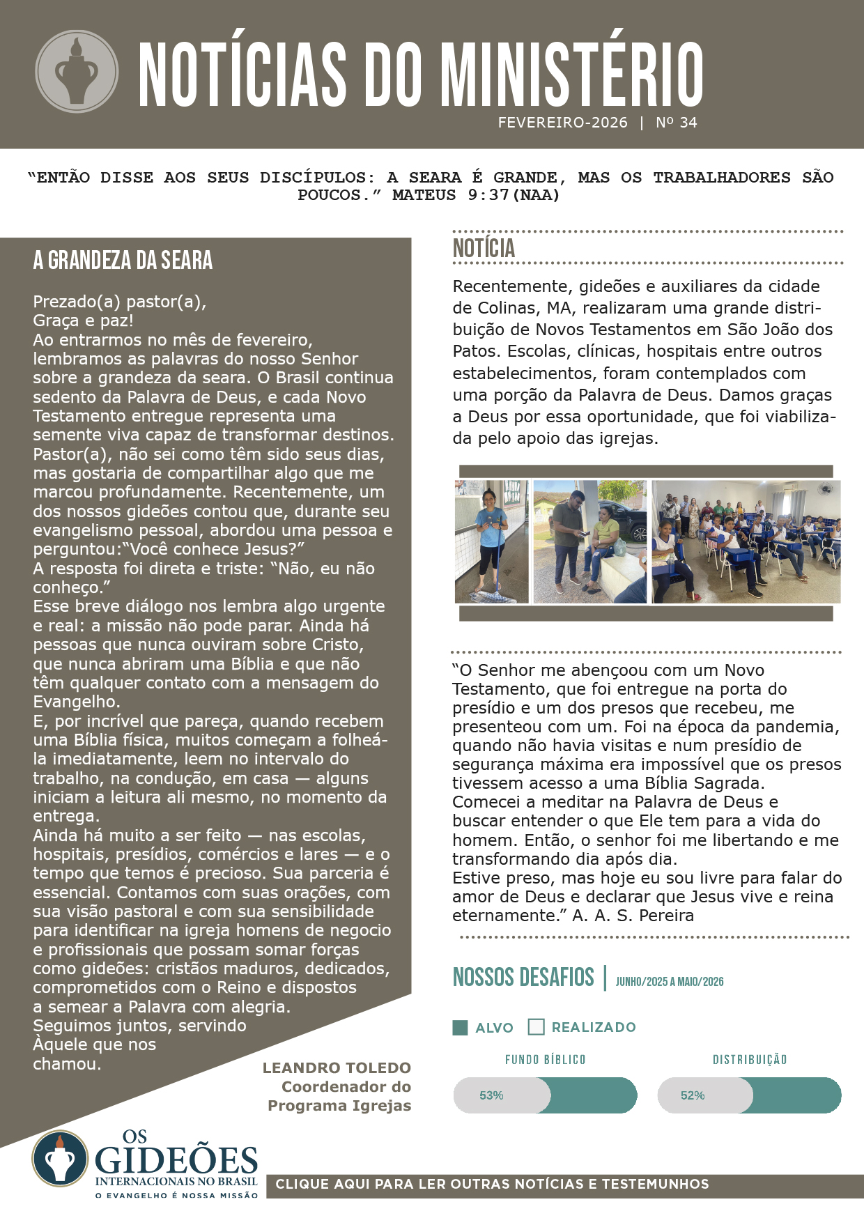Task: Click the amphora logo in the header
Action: click(x=77, y=71)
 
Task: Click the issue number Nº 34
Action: click(x=676, y=123)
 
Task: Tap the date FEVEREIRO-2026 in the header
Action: click(x=562, y=123)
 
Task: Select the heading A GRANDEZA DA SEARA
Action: click(x=123, y=261)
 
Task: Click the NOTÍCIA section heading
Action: click(x=484, y=248)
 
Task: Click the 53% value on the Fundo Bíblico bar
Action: click(x=491, y=1095)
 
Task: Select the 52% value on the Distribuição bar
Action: click(x=693, y=1095)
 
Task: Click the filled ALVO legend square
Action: click(x=460, y=1027)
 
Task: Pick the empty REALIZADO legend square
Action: click(x=536, y=1027)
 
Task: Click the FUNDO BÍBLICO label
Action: click(x=545, y=1060)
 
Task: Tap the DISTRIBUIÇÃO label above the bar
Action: click(x=749, y=1060)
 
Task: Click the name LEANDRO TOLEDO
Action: click(x=337, y=1067)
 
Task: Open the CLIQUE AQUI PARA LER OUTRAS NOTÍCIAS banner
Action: click(x=492, y=1184)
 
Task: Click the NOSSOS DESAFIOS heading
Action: click(x=523, y=978)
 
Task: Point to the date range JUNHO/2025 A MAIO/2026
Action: click(x=669, y=982)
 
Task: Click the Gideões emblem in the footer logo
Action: click(x=60, y=1158)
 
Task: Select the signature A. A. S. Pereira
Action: click(x=633, y=916)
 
